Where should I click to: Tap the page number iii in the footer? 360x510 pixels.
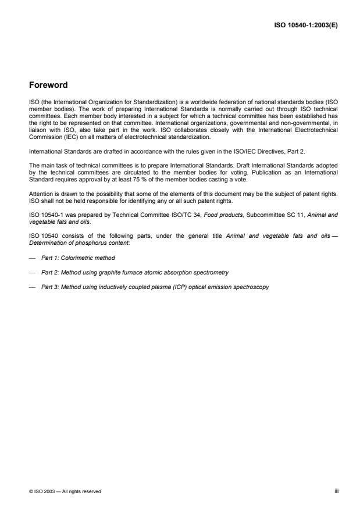(336, 491)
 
